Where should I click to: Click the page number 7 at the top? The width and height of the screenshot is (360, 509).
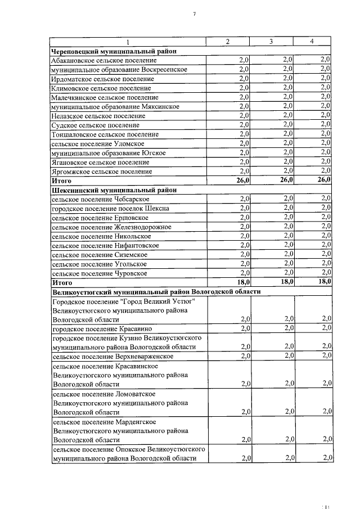(193, 13)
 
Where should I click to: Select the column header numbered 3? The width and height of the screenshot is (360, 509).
(271, 42)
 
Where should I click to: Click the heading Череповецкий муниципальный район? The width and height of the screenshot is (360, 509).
(114, 51)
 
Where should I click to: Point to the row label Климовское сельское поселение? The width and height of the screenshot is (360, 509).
(101, 88)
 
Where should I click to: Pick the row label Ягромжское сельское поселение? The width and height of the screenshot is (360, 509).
(101, 171)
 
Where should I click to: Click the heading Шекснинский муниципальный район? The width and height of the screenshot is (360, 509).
(114, 190)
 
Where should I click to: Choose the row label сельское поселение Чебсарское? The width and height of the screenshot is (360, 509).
(100, 199)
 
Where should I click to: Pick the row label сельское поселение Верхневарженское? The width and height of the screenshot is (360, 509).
(112, 355)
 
